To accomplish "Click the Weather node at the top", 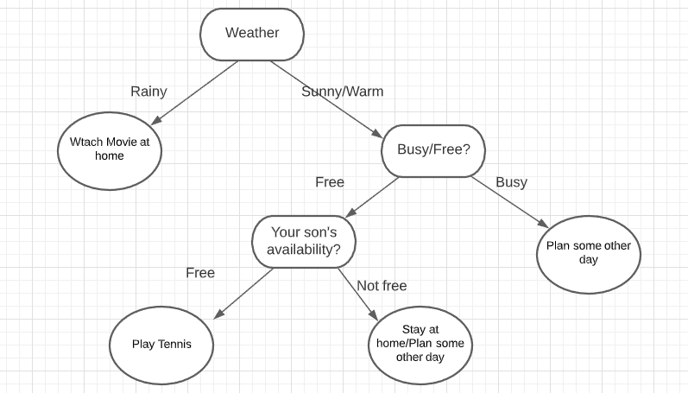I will tap(251, 34).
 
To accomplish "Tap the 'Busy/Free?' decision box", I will tap(433, 149).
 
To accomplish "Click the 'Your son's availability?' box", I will tap(305, 241).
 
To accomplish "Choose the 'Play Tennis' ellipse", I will tap(161, 345).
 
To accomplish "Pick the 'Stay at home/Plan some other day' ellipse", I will tap(420, 344).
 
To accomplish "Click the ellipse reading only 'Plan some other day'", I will tap(589, 253).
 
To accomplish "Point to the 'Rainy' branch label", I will tap(148, 91).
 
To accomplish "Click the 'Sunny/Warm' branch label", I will tap(343, 91).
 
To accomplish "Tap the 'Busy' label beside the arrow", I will tap(511, 182).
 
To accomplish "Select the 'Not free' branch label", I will tap(382, 286).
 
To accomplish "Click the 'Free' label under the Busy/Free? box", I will tap(330, 182).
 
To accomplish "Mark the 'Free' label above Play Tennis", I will tap(200, 273).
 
